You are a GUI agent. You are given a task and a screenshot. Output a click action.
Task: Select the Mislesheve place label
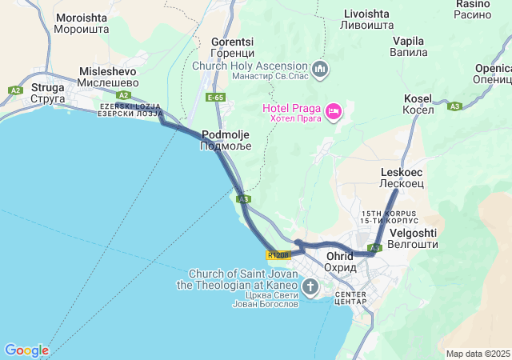click(x=109, y=76)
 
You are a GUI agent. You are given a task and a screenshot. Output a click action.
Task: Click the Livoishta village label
click(x=366, y=19)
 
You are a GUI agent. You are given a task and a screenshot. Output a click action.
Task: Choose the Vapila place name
click(x=408, y=46)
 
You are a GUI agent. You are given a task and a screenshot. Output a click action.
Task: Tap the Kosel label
click(x=418, y=103)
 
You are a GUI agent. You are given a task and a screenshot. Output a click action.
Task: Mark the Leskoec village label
click(x=401, y=178)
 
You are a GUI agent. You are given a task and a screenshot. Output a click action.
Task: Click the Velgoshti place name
click(x=412, y=238)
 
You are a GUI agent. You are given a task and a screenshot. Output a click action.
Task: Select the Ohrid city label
click(x=341, y=262)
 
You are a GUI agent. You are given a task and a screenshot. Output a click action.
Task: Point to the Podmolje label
click(x=226, y=141)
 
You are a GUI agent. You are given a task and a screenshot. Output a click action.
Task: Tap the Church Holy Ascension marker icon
click(x=321, y=70)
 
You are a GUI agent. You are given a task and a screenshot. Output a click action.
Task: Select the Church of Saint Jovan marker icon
click(x=310, y=286)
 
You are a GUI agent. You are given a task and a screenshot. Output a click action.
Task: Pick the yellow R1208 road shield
click(x=278, y=255)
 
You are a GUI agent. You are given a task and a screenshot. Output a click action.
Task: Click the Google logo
click(x=26, y=350)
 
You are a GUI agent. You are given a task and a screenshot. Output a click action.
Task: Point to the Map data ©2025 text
click(x=478, y=354)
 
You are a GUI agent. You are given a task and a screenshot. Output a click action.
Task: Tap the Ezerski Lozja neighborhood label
click(x=130, y=110)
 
